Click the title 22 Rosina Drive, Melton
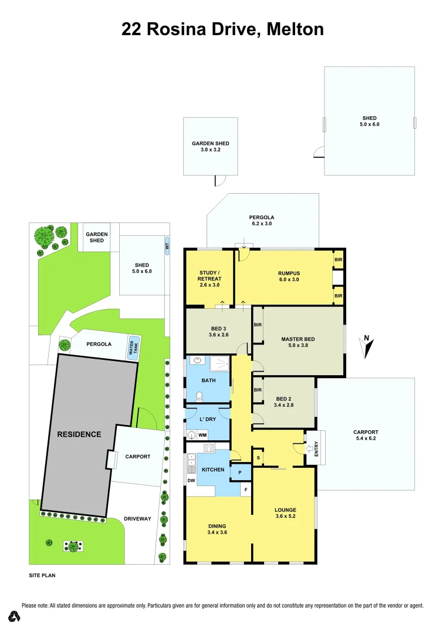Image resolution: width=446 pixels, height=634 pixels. coord(222,29)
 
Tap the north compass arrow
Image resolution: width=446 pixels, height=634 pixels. coord(367,347)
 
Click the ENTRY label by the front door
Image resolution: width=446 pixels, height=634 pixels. coord(316,448)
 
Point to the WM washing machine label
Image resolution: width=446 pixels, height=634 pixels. coord(202,434)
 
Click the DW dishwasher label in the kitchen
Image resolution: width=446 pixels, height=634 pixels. coord(191,481)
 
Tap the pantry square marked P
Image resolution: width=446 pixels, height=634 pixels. coord(240,471)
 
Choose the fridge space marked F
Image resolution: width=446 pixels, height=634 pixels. coord(246,489)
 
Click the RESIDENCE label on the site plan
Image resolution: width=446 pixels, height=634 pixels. coord(79,434)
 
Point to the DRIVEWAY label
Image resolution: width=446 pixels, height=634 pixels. coord(138,519)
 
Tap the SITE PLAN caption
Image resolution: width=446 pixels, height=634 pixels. coord(42,576)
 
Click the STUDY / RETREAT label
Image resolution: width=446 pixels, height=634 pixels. coord(210,278)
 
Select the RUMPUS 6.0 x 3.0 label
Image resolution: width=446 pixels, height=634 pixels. coord(288,276)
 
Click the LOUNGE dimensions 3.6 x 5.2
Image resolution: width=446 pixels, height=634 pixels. coord(286,517)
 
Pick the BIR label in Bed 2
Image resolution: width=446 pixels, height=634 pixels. coord(258,390)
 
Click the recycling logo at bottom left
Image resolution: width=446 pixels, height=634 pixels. coord(15,616)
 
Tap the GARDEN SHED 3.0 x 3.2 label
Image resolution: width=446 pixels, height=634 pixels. coord(211,146)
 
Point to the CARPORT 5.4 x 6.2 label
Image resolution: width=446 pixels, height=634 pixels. coord(366,435)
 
